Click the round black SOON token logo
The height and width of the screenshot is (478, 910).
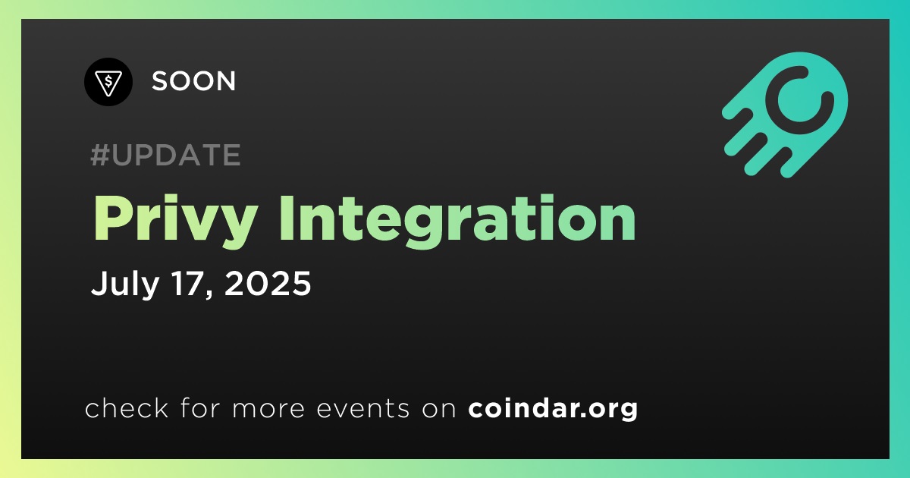coord(108,82)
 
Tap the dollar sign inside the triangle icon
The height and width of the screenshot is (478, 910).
coord(108,81)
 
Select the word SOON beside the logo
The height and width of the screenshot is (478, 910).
coord(193,81)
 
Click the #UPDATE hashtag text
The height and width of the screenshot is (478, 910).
coord(166,155)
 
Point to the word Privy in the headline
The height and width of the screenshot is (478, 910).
coord(175,222)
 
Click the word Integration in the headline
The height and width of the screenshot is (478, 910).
coord(458,222)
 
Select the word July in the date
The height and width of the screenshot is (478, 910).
coord(125,284)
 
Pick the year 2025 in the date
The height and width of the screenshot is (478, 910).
coord(267,283)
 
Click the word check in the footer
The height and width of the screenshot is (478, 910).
coord(127,407)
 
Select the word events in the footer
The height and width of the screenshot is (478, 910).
coord(362,408)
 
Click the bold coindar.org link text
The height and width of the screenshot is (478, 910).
coord(553,409)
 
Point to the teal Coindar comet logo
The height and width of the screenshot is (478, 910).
coord(785,115)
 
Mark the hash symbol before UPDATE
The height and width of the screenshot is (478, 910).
coord(100,155)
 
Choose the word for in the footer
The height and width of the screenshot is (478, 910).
coord(200,407)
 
